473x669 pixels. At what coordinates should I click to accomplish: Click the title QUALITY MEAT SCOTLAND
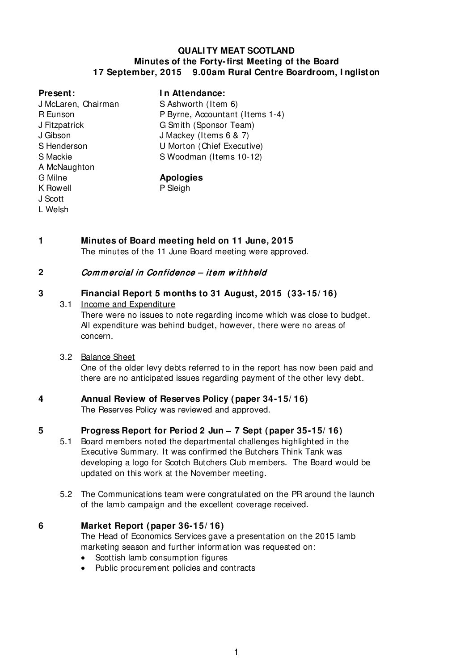point(236,50)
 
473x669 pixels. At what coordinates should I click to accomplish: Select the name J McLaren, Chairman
point(79,104)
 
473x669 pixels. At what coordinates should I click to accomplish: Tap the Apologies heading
point(181,177)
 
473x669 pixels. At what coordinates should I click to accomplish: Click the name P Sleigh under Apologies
point(175,188)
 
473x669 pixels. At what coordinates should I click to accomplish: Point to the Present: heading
point(56,93)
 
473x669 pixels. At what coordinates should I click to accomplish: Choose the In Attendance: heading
point(192,93)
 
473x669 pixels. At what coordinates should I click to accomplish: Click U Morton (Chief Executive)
point(211,146)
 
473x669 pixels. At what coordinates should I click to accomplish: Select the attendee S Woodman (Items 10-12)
point(211,157)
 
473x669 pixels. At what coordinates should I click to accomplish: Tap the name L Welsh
point(54,210)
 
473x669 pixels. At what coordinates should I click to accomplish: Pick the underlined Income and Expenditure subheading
point(128,304)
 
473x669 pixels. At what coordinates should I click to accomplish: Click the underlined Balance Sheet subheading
point(108,357)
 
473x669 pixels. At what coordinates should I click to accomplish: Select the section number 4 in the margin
point(41,399)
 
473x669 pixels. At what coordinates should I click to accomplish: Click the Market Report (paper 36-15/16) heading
point(152,526)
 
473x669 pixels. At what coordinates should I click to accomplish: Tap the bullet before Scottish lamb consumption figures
point(85,558)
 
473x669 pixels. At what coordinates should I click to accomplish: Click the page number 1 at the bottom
point(236,652)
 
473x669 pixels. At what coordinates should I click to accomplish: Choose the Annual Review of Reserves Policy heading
point(194,399)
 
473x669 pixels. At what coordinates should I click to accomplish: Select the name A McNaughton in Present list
point(67,167)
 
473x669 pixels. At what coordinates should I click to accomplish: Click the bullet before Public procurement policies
point(85,568)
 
